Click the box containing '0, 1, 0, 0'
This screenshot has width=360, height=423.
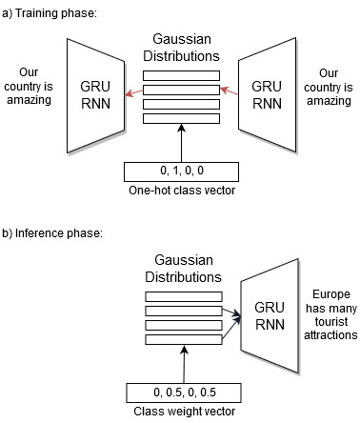(179, 172)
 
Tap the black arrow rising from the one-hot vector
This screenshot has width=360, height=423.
(180, 143)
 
